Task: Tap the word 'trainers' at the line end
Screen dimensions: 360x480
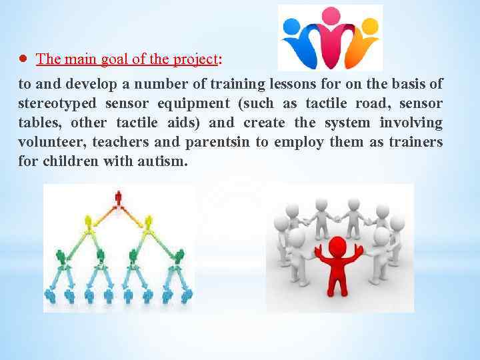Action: click(x=416, y=142)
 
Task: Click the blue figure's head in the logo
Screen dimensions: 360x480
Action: click(x=291, y=26)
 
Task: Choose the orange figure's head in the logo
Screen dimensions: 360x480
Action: click(x=369, y=26)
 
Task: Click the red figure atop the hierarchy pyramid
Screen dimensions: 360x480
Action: click(x=119, y=198)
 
